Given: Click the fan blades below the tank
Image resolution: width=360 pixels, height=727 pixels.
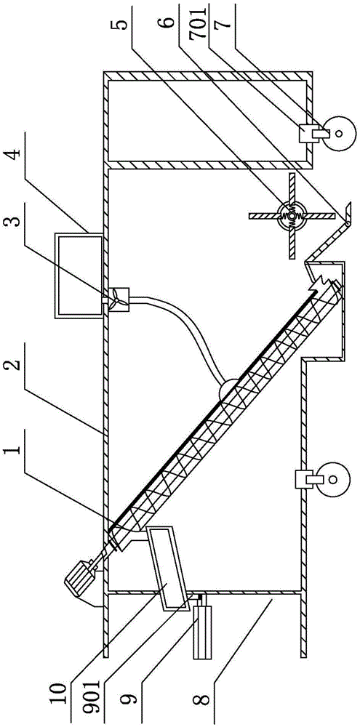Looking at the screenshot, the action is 118,302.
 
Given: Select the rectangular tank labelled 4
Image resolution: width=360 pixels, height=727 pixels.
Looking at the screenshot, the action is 79,276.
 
